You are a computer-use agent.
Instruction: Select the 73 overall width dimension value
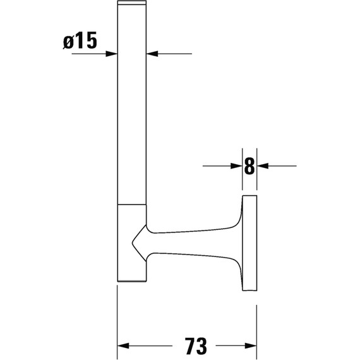click(x=188, y=345)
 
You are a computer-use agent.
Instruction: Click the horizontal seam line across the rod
click(x=133, y=205)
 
